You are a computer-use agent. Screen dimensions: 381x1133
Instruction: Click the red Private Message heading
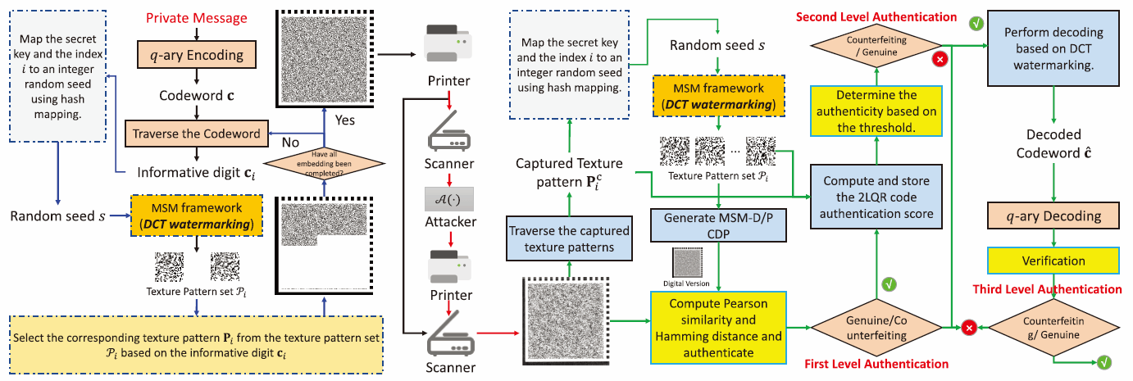pos(196,18)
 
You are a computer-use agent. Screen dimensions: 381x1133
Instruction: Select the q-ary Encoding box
pos(196,56)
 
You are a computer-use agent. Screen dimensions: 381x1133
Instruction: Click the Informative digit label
pos(190,172)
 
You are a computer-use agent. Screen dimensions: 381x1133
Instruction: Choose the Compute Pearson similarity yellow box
pos(717,325)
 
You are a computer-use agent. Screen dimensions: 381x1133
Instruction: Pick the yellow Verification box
pos(1053,261)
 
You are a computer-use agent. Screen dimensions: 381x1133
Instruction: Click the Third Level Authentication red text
pos(1047,289)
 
